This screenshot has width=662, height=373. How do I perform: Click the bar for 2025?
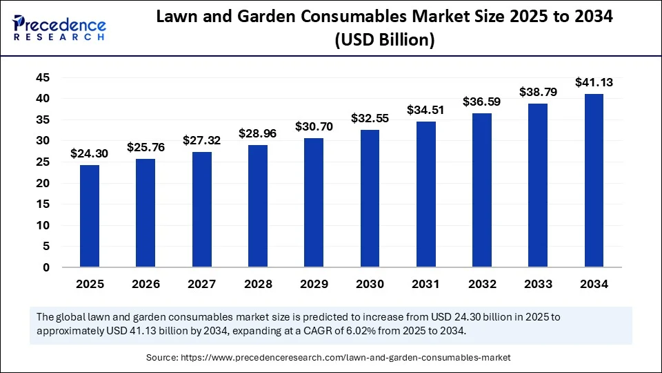[x=90, y=216]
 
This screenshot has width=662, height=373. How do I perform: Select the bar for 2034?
[x=594, y=180]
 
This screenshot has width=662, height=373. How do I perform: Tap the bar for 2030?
[x=370, y=198]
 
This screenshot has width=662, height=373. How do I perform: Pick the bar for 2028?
[x=258, y=206]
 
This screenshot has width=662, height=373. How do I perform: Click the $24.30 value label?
[x=90, y=153]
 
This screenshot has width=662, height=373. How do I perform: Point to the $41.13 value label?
[x=594, y=82]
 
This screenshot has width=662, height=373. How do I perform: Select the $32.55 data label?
[x=370, y=118]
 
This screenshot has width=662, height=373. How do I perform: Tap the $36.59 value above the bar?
[x=482, y=101]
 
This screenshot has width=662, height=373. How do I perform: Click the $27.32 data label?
[x=201, y=140]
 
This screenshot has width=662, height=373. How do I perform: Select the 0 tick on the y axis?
[x=46, y=267]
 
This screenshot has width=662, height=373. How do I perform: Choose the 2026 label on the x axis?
[x=146, y=284]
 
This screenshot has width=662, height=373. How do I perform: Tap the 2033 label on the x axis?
[x=538, y=284]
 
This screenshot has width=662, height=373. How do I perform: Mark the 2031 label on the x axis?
[x=425, y=284]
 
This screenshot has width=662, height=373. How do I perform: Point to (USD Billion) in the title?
[x=384, y=41]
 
